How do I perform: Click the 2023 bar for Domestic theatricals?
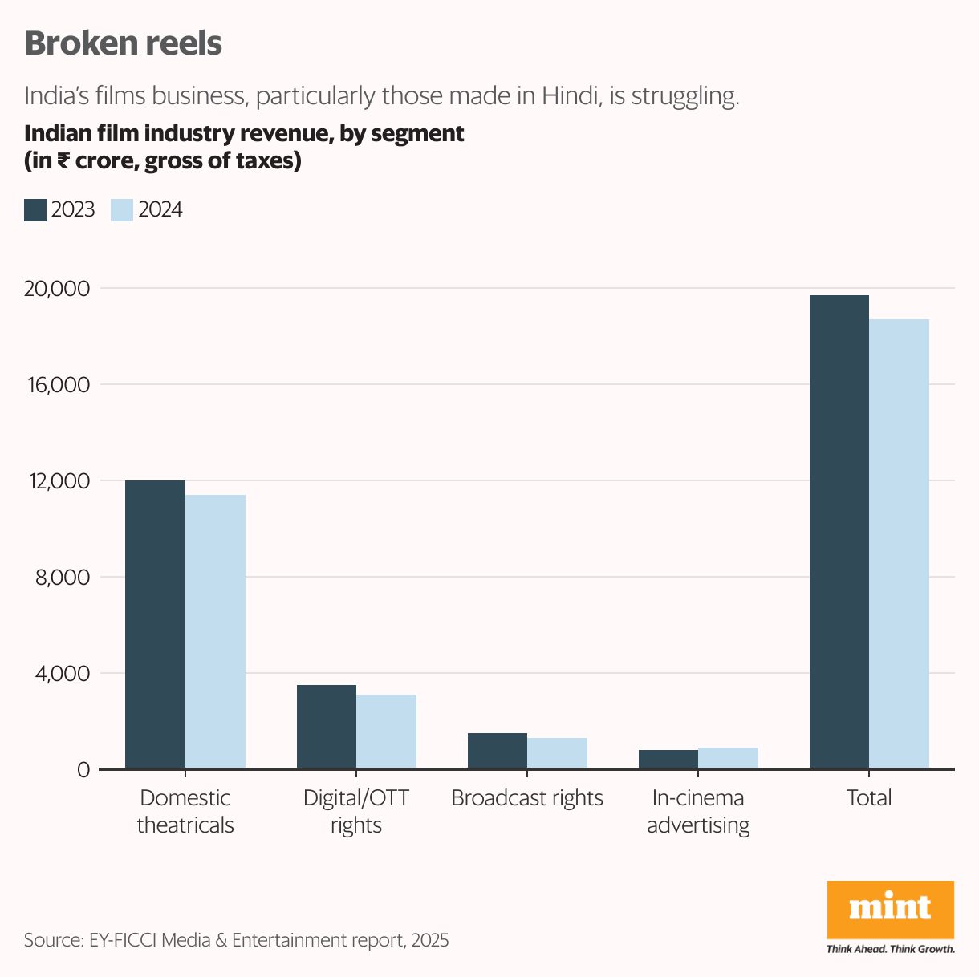(155, 625)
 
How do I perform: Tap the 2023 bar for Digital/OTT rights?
(327, 727)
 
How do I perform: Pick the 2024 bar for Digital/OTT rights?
(386, 732)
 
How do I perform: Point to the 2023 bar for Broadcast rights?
(498, 751)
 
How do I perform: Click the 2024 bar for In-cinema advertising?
(728, 758)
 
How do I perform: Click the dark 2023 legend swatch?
(35, 210)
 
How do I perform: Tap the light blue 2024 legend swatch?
(121, 210)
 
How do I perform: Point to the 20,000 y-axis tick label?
(56, 289)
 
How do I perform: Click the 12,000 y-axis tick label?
(56, 481)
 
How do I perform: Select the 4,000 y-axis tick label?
(61, 674)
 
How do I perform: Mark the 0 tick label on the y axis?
(83, 770)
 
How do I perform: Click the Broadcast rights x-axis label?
(527, 798)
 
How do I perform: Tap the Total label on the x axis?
(869, 798)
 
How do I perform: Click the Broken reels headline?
(123, 43)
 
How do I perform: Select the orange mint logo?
(890, 909)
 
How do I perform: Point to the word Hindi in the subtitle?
(569, 96)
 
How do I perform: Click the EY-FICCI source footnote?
(236, 940)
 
